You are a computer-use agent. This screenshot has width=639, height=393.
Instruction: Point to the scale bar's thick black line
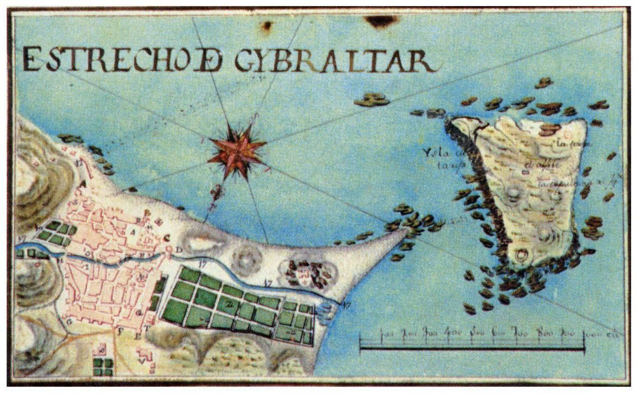[471, 349]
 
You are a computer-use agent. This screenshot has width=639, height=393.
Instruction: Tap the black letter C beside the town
[167, 238]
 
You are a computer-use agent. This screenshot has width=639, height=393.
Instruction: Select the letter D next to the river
[179, 250]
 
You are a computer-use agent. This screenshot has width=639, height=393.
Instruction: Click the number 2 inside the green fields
[230, 305]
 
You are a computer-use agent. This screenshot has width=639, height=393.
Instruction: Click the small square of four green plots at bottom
[103, 367]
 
